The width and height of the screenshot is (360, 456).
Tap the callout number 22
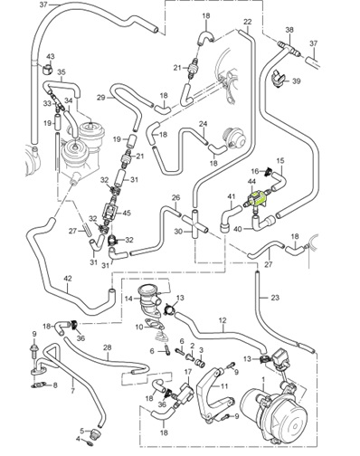coord(248,21)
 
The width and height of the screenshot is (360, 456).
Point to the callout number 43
coord(49,56)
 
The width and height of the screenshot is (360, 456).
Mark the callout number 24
coord(205,124)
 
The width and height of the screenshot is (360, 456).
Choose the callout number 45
coord(127,214)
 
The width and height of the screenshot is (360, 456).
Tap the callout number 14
coord(128,297)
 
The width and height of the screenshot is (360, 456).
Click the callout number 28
coord(108,347)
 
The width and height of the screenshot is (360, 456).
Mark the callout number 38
coord(289,30)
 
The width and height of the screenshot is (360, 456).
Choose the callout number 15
coord(279,162)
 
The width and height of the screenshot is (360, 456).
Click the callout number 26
coord(175,197)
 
